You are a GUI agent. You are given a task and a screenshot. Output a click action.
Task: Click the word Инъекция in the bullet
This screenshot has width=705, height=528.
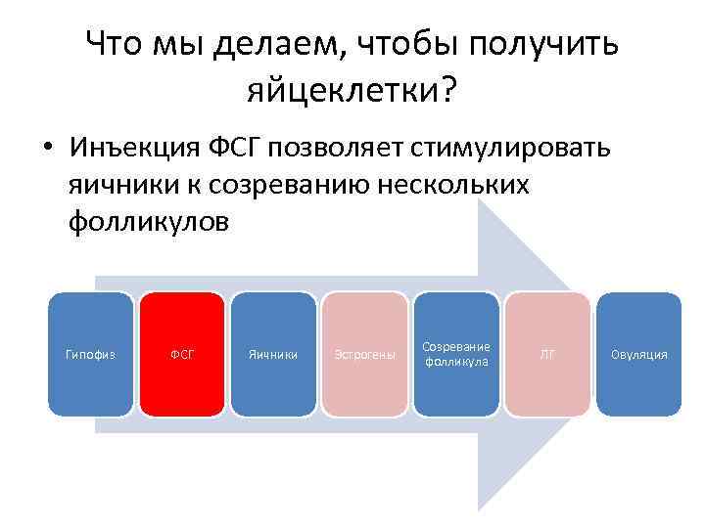(135, 150)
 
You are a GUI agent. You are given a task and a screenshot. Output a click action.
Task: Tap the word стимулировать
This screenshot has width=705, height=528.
(515, 150)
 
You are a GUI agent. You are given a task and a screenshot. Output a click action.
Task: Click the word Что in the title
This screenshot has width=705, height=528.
(112, 43)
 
